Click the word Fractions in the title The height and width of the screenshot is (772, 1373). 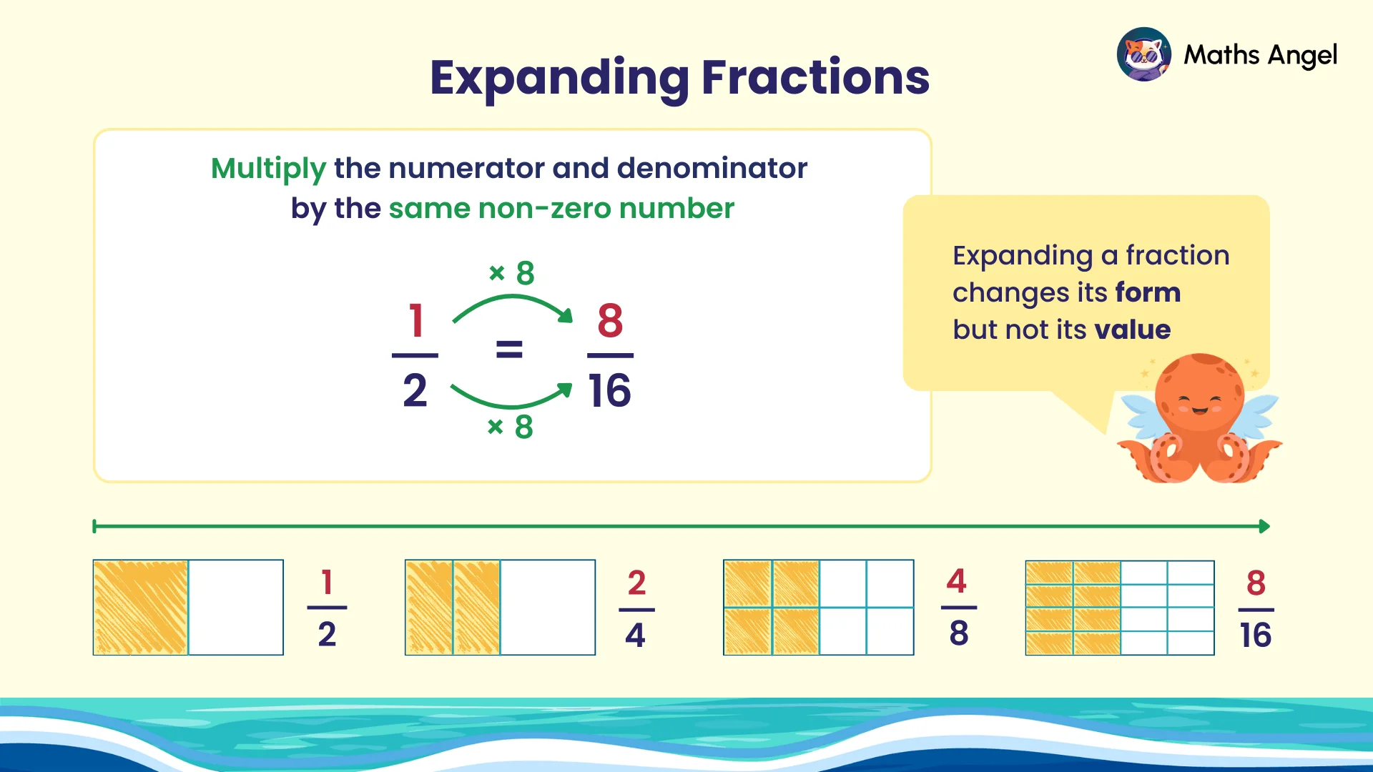pyautogui.click(x=815, y=77)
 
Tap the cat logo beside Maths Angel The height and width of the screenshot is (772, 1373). pyautogui.click(x=1143, y=54)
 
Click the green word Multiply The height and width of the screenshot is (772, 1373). pyautogui.click(x=268, y=169)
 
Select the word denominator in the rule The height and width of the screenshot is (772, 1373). pyautogui.click(x=712, y=169)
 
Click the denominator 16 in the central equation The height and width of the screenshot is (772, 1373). pyautogui.click(x=609, y=391)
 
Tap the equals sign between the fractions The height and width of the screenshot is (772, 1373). pyautogui.click(x=509, y=350)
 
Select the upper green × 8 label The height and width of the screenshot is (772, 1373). pyautogui.click(x=512, y=273)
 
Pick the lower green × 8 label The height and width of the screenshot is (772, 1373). pyautogui.click(x=511, y=427)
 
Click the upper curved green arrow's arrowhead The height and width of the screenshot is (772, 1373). pyautogui.click(x=566, y=315)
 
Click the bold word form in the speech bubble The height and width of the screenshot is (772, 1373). pyautogui.click(x=1147, y=292)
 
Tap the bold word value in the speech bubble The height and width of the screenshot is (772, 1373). pyautogui.click(x=1133, y=330)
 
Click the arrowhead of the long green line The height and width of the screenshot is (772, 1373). pyautogui.click(x=1264, y=527)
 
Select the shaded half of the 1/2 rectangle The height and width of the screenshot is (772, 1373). pyautogui.click(x=141, y=607)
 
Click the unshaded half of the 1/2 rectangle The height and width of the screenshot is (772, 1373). pyautogui.click(x=236, y=607)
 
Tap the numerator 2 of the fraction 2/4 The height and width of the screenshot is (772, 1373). pyautogui.click(x=636, y=583)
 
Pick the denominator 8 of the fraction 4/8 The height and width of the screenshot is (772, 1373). pyautogui.click(x=959, y=633)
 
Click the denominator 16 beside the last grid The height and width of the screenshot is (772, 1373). pyautogui.click(x=1256, y=635)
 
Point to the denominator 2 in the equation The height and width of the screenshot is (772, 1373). pyautogui.click(x=415, y=391)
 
